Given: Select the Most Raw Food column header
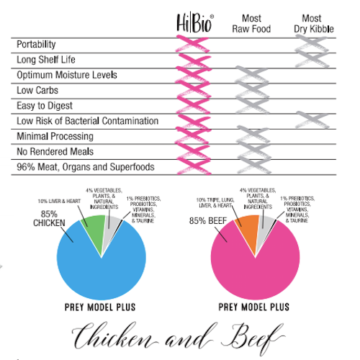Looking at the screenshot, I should pyautogui.click(x=249, y=23).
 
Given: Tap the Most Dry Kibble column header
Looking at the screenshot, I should pyautogui.click(x=312, y=23).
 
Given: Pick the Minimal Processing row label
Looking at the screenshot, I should pyautogui.click(x=55, y=136).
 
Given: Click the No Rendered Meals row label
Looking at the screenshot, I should pyautogui.click(x=55, y=152).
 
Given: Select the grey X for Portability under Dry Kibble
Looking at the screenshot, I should pyautogui.click(x=312, y=45).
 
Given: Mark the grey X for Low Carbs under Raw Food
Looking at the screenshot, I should pyautogui.click(x=250, y=91).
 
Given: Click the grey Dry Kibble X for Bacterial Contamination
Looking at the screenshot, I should pyautogui.click(x=312, y=121).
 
